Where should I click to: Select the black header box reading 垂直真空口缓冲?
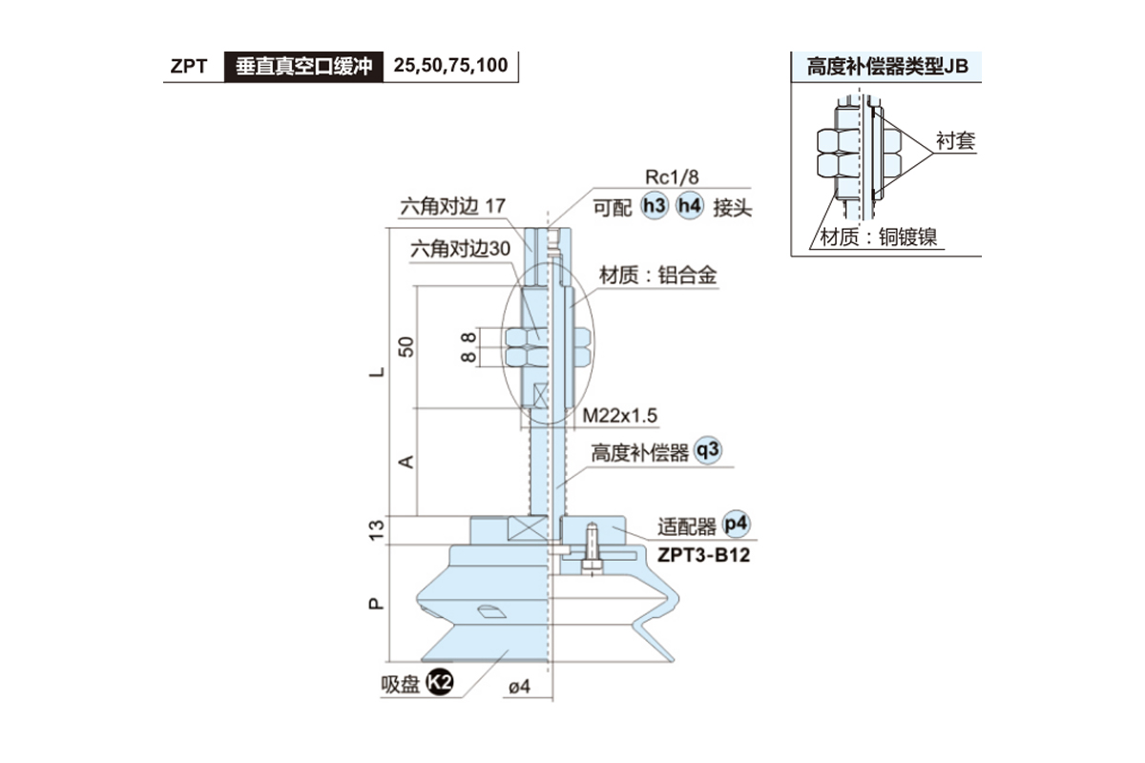302,68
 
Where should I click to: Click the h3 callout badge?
654,207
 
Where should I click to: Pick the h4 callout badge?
689,207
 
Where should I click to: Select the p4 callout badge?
737,524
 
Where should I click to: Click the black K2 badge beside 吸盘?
439,682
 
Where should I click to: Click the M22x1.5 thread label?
620,416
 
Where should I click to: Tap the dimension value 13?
377,527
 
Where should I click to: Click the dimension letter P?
377,603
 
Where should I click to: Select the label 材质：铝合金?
657,276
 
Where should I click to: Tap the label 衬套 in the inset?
955,142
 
